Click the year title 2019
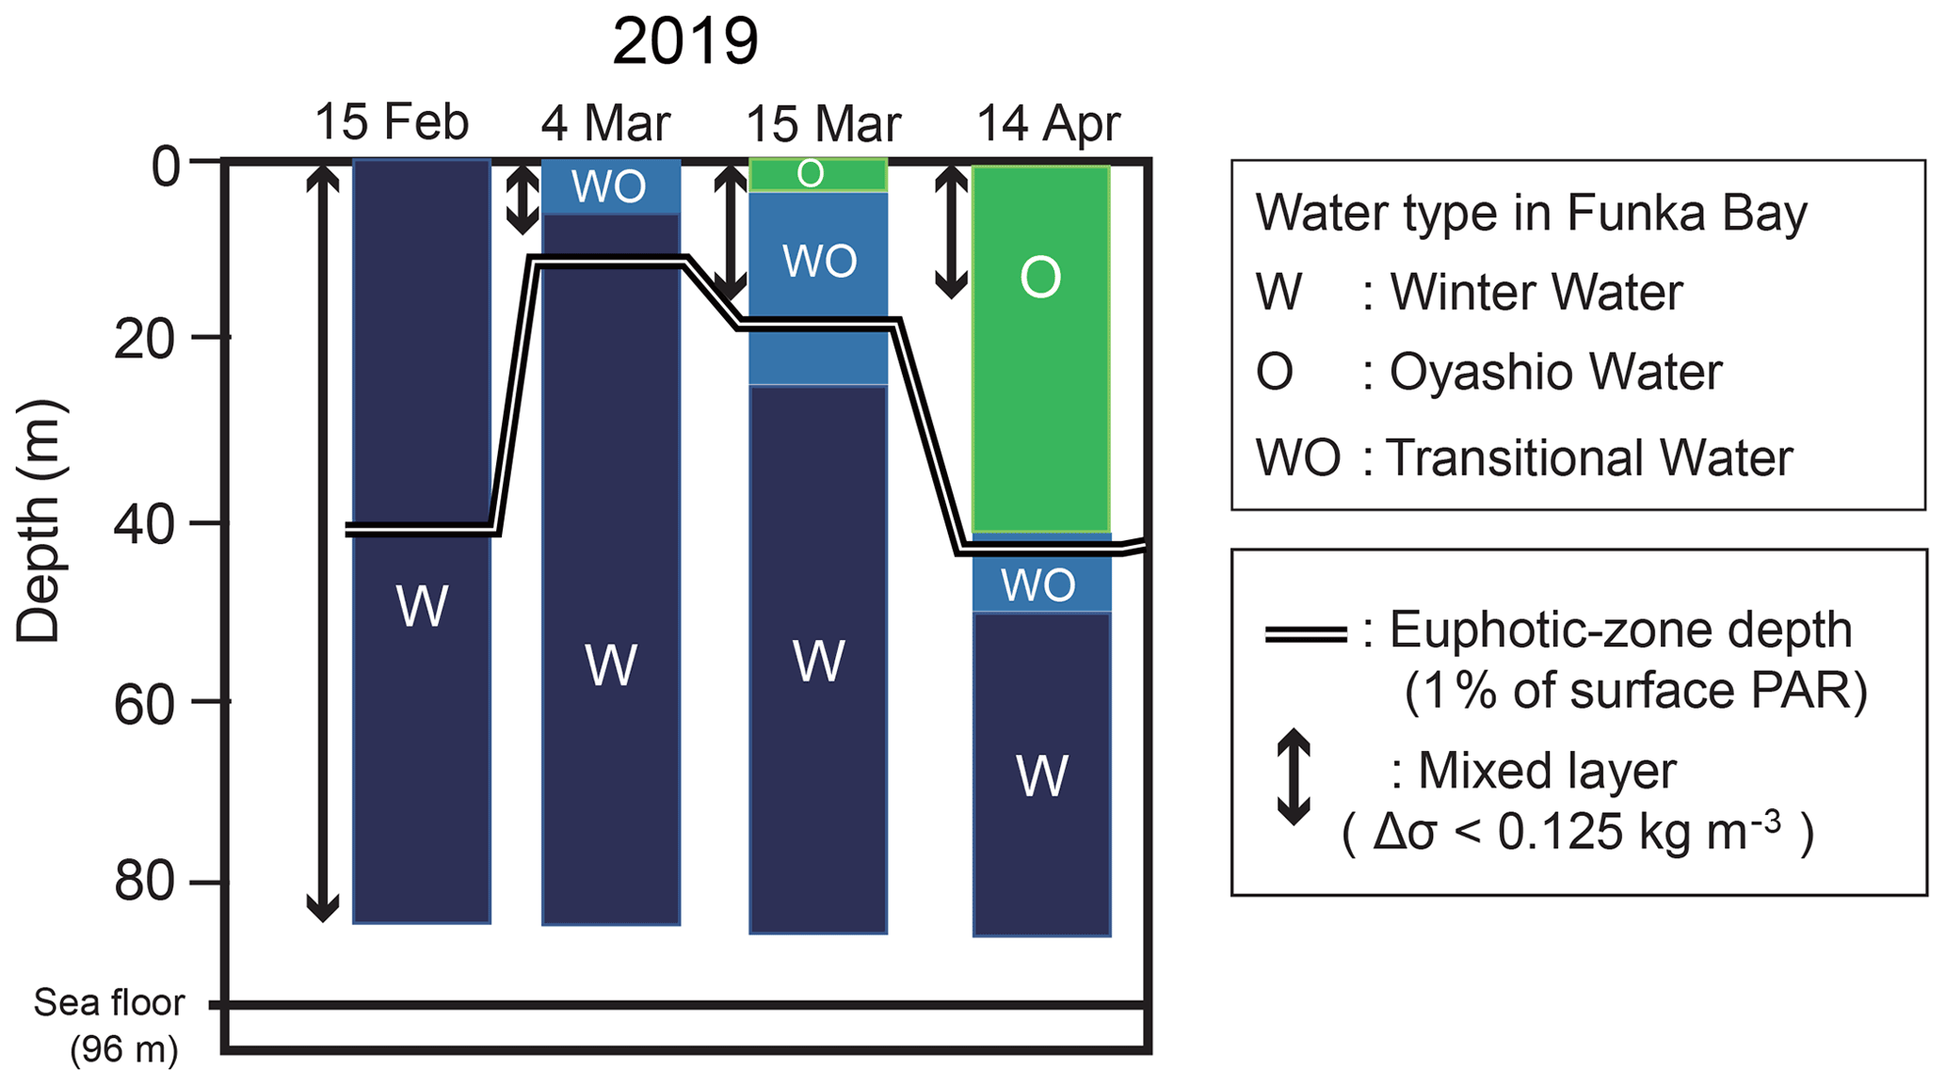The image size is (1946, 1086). [684, 41]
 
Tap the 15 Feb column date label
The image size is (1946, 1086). [391, 122]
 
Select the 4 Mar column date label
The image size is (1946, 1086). [605, 123]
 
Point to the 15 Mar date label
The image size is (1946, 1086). [823, 123]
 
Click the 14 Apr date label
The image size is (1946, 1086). [1048, 123]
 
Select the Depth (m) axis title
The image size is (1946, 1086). [40, 522]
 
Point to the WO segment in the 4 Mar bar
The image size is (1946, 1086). [610, 186]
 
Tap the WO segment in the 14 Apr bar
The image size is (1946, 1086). [1040, 584]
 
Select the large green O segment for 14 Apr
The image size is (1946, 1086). [1040, 348]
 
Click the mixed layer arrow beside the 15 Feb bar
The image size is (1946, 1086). [323, 541]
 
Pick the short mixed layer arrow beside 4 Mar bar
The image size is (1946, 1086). [522, 200]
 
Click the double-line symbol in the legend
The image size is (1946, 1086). [1305, 633]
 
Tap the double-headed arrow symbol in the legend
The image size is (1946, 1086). [1294, 776]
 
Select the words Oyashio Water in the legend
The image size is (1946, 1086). [1555, 373]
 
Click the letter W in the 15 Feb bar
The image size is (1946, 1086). [421, 606]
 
